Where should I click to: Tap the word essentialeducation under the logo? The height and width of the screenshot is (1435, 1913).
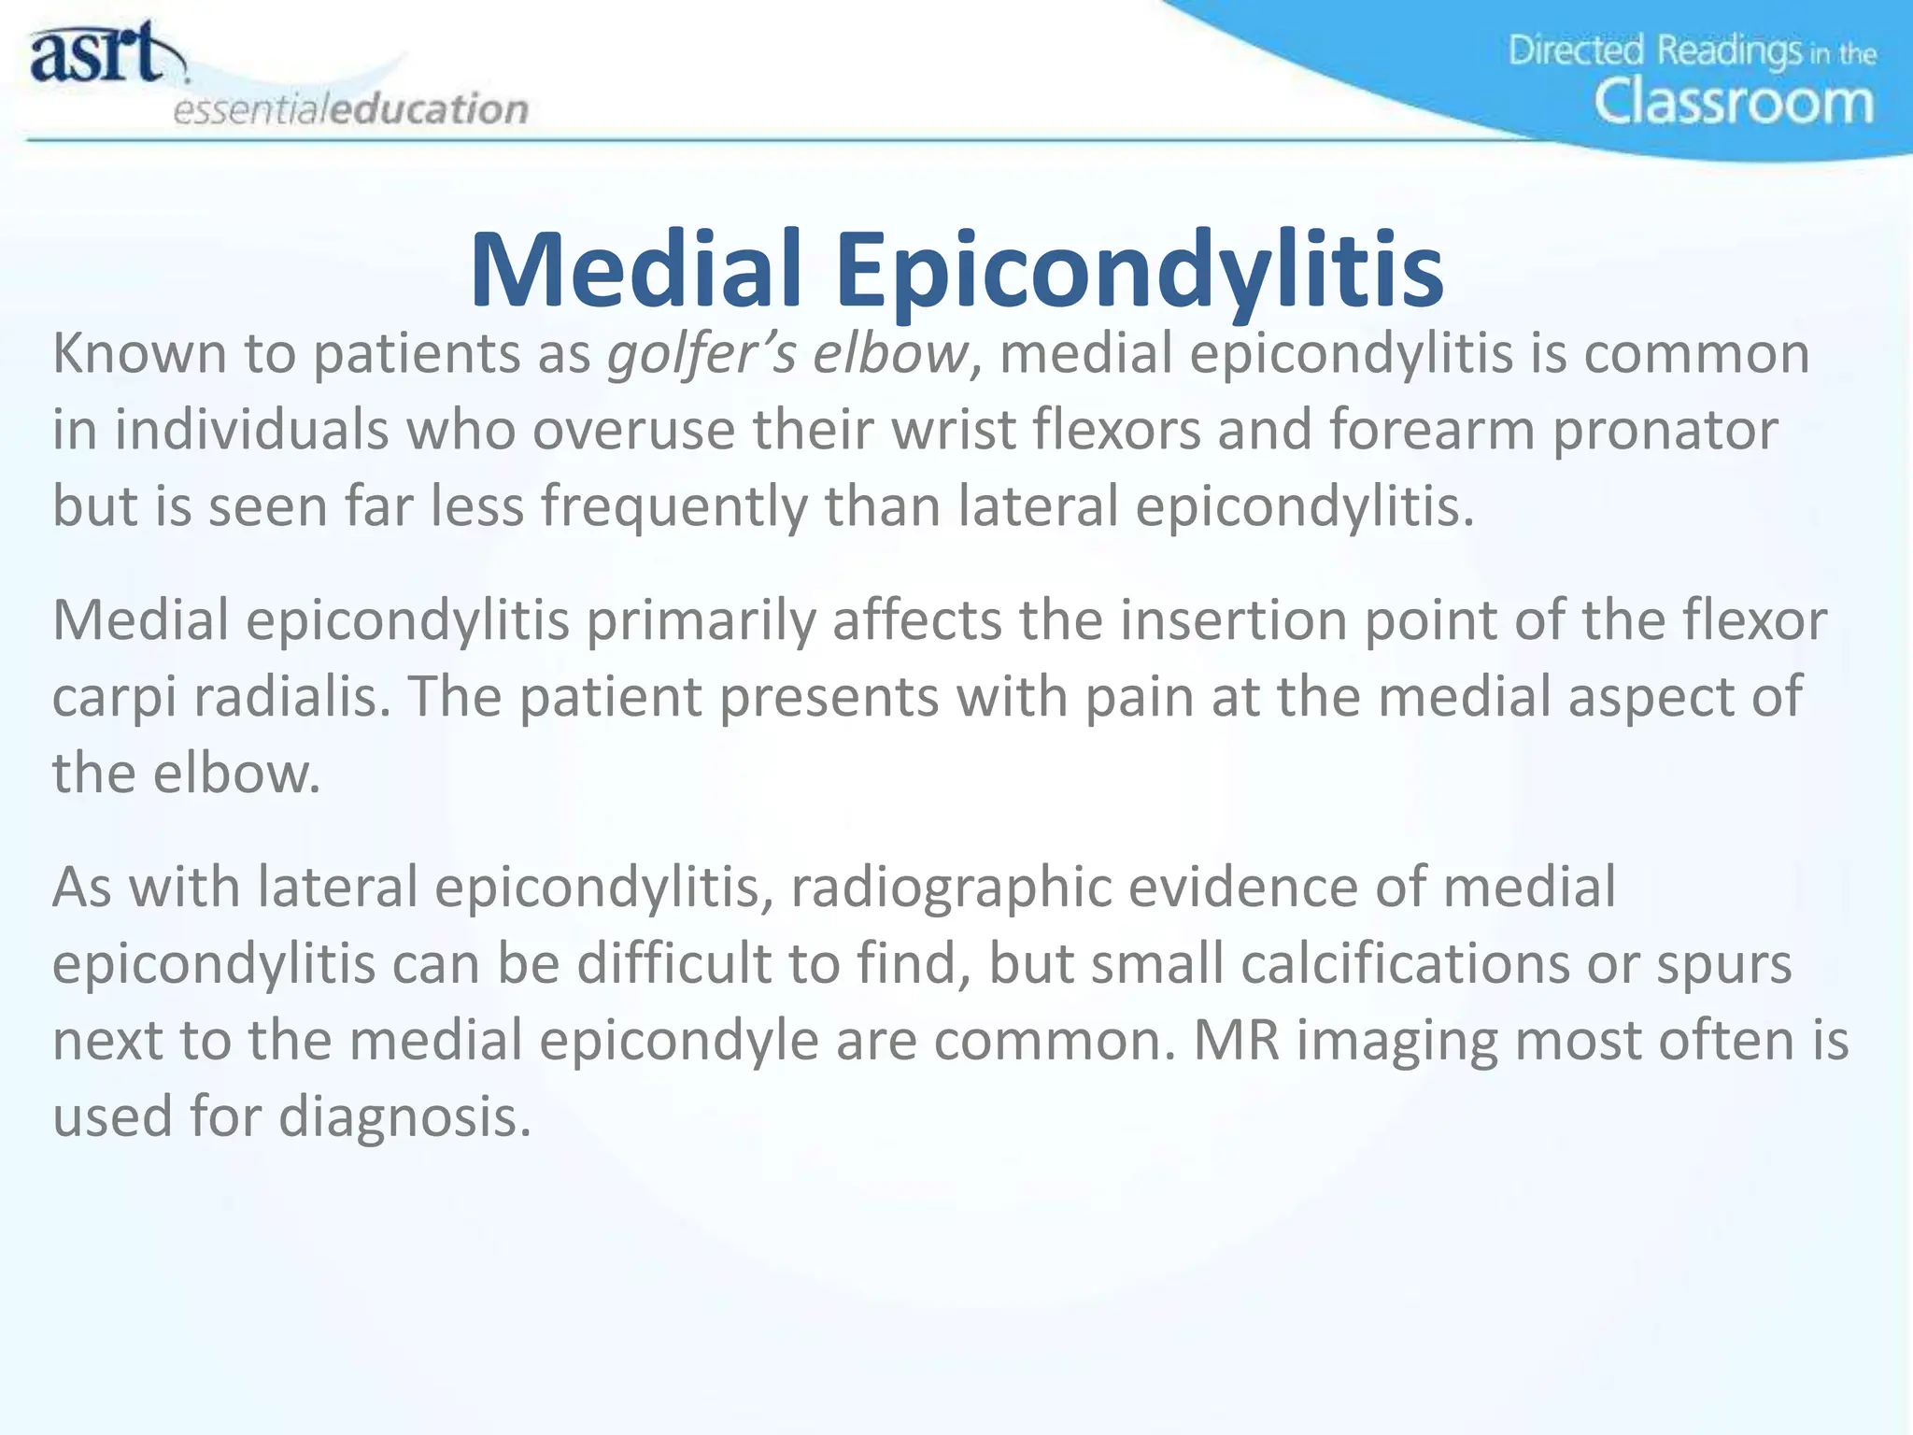coord(350,109)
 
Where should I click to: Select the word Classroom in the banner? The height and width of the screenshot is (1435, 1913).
coord(1734,102)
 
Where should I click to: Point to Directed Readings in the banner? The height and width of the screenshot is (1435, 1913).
coord(1653,50)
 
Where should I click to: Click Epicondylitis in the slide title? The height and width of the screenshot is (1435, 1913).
coord(1139,271)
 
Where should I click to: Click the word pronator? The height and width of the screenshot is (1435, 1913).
coord(1665,431)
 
